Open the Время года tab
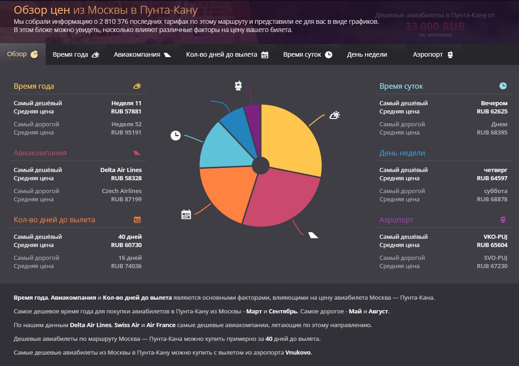tap(76, 54)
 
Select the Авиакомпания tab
tap(142, 54)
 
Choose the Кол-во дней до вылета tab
tap(227, 54)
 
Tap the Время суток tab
tap(307, 54)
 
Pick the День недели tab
tap(367, 54)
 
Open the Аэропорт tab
tap(433, 54)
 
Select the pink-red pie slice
tap(284, 197)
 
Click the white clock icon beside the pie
tap(176, 135)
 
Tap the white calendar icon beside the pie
tap(186, 214)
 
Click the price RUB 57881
tap(126, 112)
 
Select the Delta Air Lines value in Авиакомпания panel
tap(121, 170)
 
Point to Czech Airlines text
tap(122, 191)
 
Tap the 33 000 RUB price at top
tap(434, 27)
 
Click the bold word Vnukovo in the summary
tap(298, 353)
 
